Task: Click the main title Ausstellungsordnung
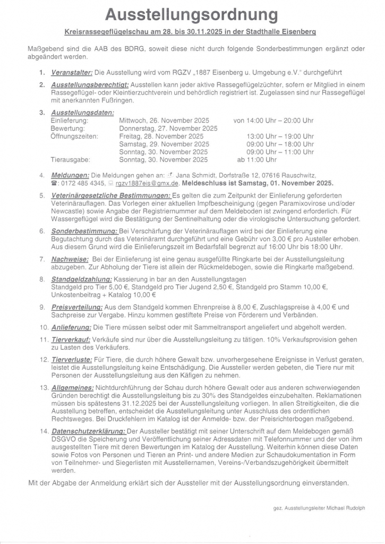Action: click(x=191, y=14)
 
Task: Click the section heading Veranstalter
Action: click(x=72, y=72)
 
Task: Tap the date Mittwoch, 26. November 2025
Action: click(x=164, y=121)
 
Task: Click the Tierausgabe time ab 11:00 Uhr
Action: click(x=256, y=159)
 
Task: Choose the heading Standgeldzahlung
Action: click(x=81, y=279)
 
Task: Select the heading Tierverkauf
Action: click(x=71, y=339)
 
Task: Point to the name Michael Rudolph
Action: click(x=346, y=508)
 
